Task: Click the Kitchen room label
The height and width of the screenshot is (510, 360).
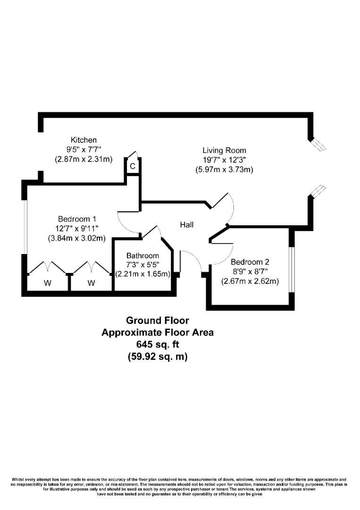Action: (84, 140)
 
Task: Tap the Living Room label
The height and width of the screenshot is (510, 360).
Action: (224, 151)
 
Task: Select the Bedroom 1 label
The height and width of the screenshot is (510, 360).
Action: (77, 219)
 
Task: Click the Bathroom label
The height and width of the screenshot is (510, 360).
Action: (142, 255)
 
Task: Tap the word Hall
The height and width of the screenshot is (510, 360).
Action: (187, 225)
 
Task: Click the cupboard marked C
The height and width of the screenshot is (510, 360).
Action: (133, 166)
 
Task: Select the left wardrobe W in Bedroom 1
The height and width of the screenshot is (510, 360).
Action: (48, 283)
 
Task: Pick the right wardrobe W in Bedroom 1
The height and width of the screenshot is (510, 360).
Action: (91, 283)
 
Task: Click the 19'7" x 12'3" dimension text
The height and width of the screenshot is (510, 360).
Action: (224, 160)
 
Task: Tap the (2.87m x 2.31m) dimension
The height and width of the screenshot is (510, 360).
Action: (84, 159)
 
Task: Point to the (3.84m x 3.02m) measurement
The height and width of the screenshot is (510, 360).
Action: (77, 238)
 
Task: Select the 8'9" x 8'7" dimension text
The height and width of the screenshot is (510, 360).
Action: (250, 272)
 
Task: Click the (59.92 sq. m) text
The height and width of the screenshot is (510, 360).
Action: (158, 357)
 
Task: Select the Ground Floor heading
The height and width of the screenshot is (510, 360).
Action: (158, 321)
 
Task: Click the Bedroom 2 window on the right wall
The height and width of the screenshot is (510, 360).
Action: (292, 268)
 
